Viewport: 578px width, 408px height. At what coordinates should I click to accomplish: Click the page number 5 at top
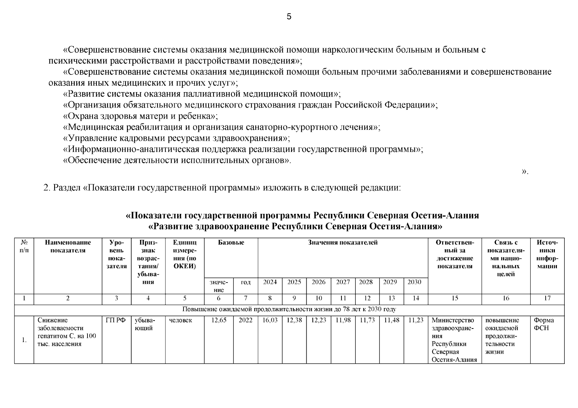(289, 17)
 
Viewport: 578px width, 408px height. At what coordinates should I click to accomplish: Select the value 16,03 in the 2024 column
(270, 320)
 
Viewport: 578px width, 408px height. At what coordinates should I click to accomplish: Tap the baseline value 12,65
(219, 320)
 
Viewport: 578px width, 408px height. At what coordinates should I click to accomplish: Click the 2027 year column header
(343, 282)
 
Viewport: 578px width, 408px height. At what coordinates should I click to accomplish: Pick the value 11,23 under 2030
(416, 320)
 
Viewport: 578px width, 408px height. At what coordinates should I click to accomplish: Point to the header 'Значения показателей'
(342, 243)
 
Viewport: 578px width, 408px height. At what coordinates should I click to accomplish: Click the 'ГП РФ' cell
(116, 320)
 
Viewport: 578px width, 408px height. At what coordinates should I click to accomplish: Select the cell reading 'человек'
(180, 320)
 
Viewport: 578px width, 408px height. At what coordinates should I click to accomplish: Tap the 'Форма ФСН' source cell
(544, 324)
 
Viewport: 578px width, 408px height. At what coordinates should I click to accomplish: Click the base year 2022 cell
(245, 320)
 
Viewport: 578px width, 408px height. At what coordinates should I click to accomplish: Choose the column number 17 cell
(547, 298)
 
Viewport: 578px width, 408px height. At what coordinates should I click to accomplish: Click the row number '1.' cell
(24, 340)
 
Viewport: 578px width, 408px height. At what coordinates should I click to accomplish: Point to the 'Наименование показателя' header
(68, 247)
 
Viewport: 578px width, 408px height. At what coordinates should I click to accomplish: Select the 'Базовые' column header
(231, 243)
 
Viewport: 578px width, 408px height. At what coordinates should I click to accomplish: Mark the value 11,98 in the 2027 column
(343, 320)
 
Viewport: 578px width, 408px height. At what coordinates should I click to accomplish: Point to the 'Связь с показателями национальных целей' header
(505, 258)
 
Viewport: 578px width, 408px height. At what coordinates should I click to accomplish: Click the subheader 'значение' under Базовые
(219, 286)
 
